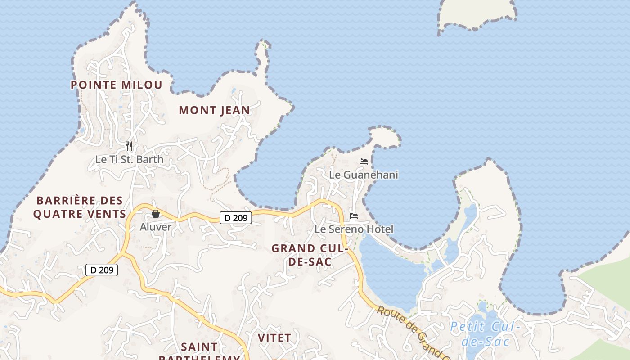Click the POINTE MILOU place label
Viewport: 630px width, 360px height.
tap(117, 85)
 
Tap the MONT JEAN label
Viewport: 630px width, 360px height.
tap(214, 110)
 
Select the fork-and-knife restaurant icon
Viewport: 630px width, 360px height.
tap(129, 146)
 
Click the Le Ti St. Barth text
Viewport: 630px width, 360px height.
tap(129, 159)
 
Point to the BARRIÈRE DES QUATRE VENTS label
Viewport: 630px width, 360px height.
tap(80, 207)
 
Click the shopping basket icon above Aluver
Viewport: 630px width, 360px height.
tap(156, 214)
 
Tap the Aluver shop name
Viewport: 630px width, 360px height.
tap(156, 227)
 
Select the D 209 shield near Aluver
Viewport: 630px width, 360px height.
tap(236, 218)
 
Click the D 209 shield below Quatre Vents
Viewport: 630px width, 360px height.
tap(102, 270)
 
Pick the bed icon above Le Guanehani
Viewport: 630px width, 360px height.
tap(364, 161)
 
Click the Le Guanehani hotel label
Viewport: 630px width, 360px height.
tap(364, 175)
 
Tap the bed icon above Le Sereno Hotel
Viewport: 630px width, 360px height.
tap(354, 216)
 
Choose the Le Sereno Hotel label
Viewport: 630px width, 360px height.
tap(354, 229)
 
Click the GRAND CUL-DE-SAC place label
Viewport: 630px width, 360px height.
tap(310, 255)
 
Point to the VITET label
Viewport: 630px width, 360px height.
tap(274, 337)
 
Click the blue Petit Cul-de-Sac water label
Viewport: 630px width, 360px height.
tap(485, 334)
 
